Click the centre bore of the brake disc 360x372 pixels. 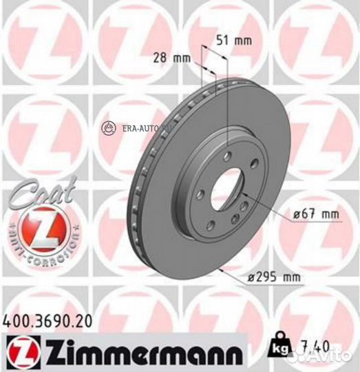click(x=228, y=185)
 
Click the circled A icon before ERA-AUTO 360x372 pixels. click(x=107, y=127)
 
